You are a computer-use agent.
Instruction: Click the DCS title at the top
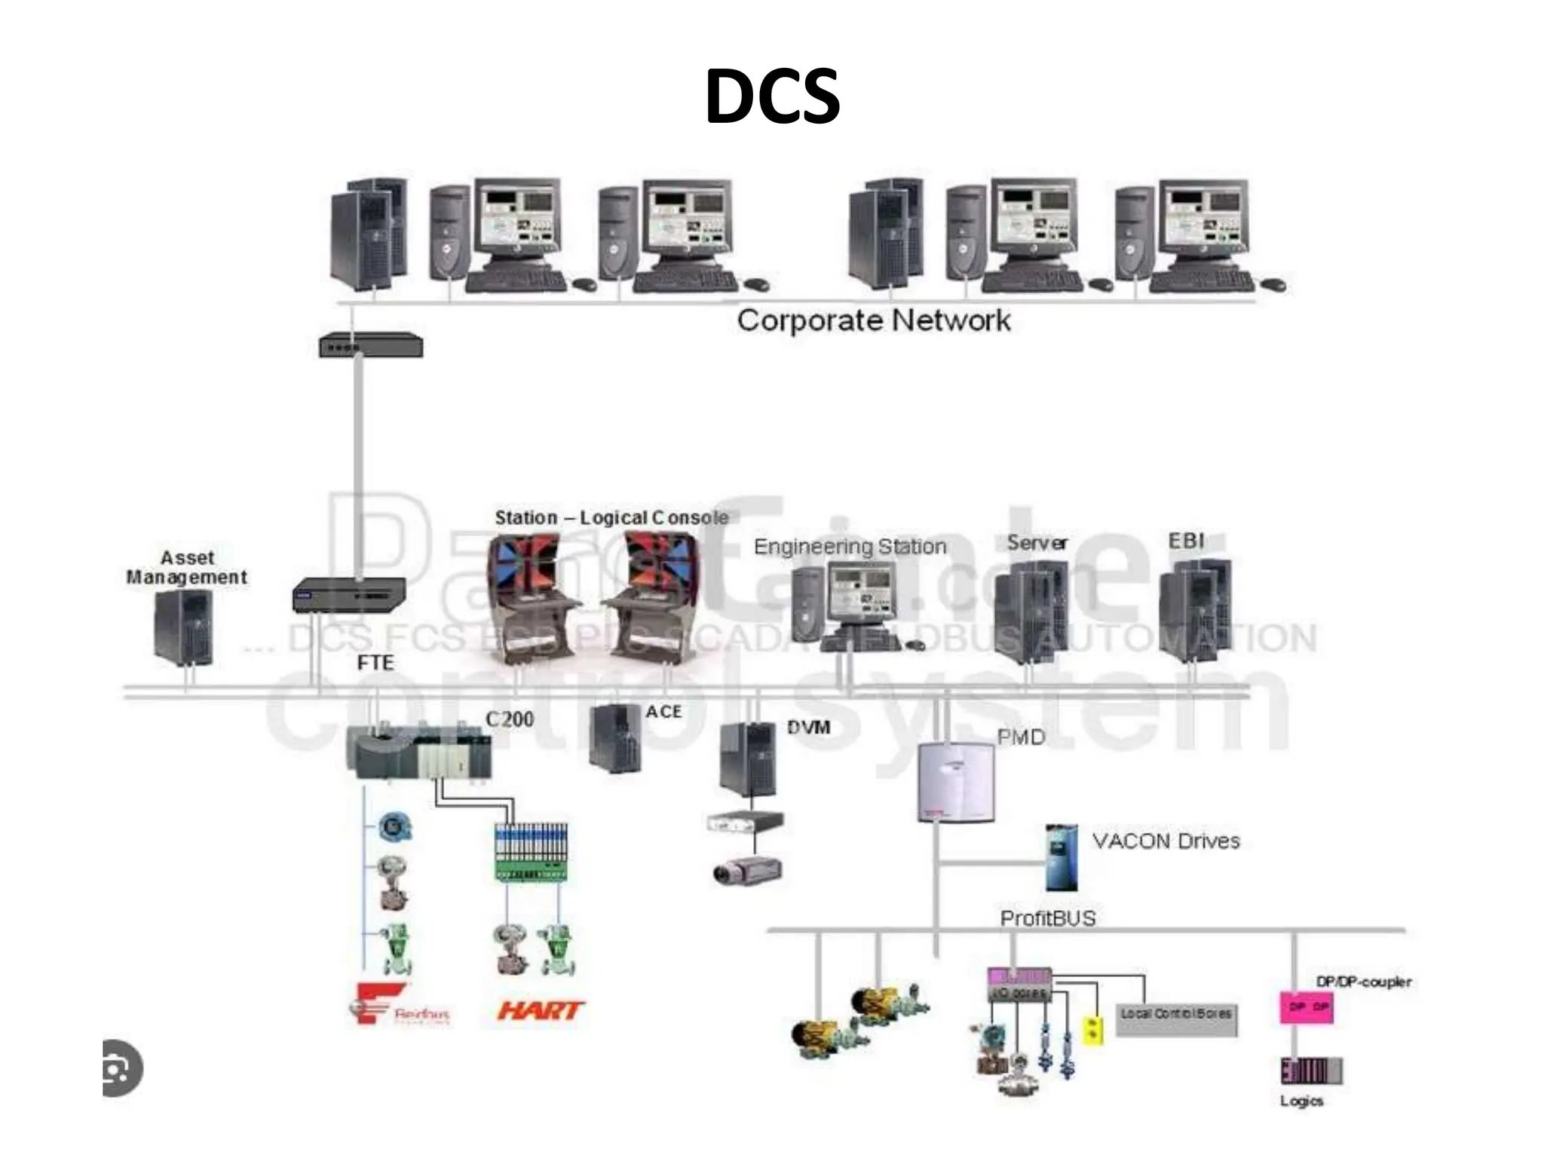[772, 96]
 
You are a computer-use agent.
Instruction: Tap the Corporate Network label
[873, 320]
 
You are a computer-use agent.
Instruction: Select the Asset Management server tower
[183, 627]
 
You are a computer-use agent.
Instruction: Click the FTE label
[375, 663]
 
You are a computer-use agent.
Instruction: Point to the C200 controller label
[510, 719]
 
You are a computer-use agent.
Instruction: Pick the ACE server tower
[615, 739]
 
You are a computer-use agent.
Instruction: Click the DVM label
[808, 728]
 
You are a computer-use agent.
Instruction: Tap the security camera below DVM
[746, 872]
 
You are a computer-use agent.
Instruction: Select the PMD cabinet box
[956, 783]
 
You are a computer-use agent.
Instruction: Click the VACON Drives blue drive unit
[1061, 858]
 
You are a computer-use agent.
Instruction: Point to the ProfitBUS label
[1047, 918]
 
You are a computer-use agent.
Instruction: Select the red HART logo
[541, 1010]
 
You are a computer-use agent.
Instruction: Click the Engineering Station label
[850, 547]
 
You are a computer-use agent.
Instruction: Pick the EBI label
[1186, 541]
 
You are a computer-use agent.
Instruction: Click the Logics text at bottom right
[1301, 1101]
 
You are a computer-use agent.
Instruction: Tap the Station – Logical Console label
[611, 518]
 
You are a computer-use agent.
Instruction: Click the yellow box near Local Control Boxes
[1092, 1030]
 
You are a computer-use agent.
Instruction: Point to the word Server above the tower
[1037, 543]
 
